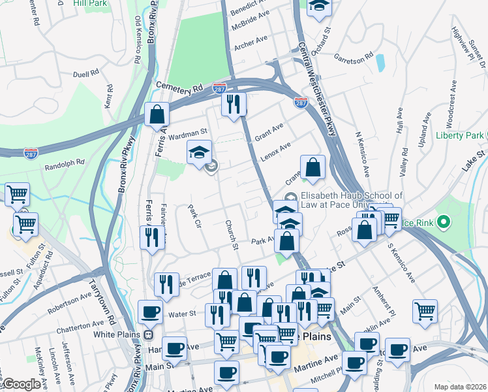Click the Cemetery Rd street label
[x=180, y=86]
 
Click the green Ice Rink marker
[x=444, y=223]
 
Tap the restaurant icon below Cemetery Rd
[x=233, y=103]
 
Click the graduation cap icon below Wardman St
[x=200, y=154]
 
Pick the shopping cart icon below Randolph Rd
[x=17, y=193]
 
